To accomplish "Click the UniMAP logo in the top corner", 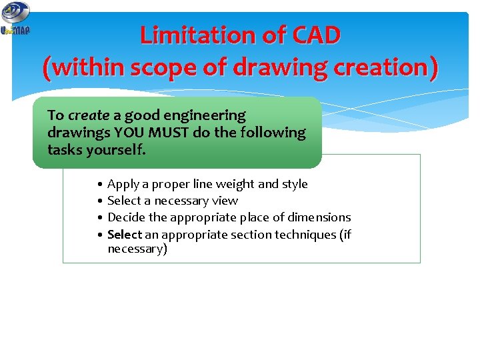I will tap(15, 19).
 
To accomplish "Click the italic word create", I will tap(89, 115).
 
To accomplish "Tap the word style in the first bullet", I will tap(295, 184).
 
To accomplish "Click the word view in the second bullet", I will tap(225, 201).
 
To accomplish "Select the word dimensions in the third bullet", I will tap(319, 217).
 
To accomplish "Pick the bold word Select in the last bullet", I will tap(125, 234).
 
